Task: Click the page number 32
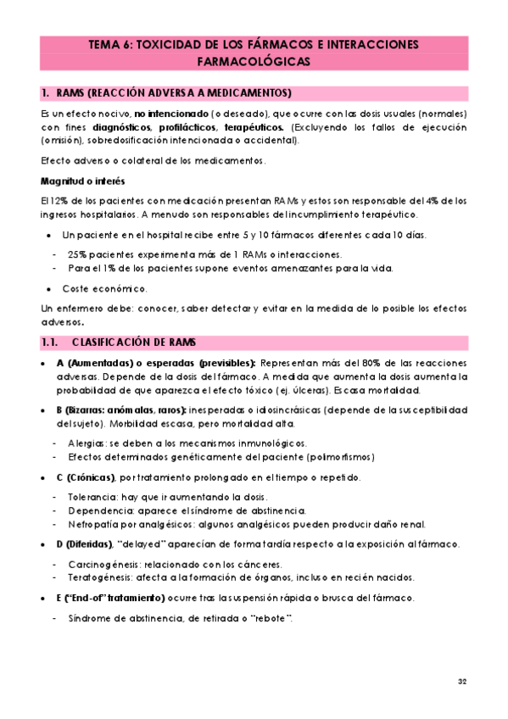click(462, 682)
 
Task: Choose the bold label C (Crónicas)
click(87, 477)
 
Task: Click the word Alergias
click(87, 443)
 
